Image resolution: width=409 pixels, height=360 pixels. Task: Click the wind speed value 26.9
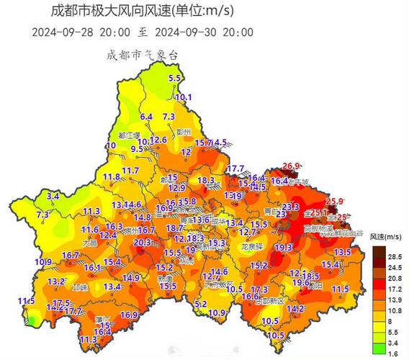[291, 166]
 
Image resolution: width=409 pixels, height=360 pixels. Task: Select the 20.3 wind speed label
[142, 243]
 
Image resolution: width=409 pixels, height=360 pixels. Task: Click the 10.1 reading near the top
[184, 97]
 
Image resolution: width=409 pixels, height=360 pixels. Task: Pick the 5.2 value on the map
[200, 305]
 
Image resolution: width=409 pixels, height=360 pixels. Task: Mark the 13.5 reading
[342, 252]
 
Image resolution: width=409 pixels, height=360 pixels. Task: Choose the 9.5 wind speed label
[137, 149]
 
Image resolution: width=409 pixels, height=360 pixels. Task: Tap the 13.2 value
[56, 281]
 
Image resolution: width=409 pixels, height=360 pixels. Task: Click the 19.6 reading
[302, 284]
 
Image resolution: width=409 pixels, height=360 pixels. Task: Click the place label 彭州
[186, 132]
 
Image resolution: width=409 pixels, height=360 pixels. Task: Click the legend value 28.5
[394, 256]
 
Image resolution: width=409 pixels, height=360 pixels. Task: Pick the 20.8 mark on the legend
[394, 276]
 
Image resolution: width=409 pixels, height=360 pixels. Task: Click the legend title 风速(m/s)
[384, 236]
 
